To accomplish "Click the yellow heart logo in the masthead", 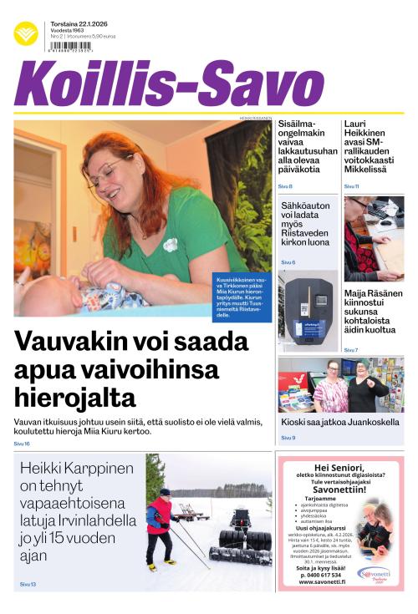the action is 26,33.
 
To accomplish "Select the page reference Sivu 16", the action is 22,444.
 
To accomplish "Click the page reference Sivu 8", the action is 285,185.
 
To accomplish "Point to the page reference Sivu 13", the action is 28,584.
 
